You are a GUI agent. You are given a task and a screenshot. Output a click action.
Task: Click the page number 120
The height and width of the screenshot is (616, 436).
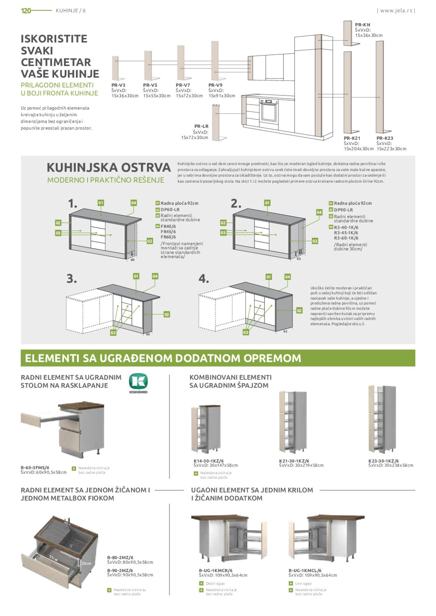point(26,11)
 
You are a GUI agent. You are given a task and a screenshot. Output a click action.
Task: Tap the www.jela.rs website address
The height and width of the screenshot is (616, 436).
point(396,11)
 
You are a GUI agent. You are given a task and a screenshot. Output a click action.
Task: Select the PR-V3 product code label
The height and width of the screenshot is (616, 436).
point(118,85)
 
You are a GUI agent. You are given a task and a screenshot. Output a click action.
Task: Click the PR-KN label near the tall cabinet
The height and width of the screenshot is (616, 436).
point(363,25)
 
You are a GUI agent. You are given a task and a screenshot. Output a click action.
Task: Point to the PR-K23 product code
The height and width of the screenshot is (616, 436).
point(384,138)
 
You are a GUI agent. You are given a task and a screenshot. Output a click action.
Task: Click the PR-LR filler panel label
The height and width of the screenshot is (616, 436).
point(201,126)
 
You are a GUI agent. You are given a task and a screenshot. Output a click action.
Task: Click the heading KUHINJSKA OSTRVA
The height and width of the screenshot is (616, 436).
point(109,167)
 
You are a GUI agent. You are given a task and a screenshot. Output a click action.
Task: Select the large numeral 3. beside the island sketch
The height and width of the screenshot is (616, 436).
point(72,278)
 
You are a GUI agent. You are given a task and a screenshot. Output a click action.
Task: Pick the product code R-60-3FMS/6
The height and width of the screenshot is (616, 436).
point(35,468)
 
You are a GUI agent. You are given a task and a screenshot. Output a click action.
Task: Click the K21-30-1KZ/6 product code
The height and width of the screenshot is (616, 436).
point(294,461)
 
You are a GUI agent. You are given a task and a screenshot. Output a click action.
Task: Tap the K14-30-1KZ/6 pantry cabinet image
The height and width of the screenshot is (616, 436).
point(206,429)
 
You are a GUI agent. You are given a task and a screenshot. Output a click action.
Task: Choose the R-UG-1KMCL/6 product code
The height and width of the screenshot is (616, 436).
point(305,570)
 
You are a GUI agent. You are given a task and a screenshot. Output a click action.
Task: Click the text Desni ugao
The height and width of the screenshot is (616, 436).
point(215,583)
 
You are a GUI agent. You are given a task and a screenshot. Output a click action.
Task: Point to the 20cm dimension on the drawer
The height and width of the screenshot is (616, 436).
point(86,563)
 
